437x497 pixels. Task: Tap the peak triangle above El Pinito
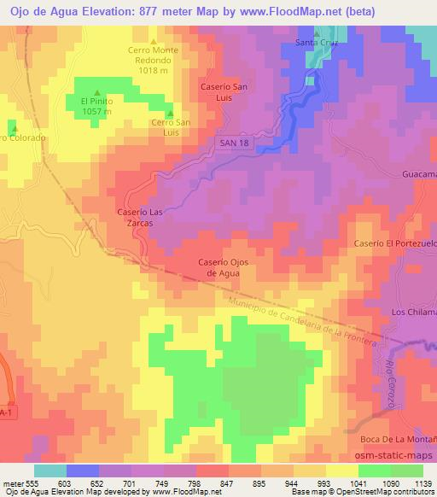96,93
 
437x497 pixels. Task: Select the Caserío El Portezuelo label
394,244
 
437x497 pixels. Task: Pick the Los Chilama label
413,313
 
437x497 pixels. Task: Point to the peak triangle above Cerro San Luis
170,113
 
